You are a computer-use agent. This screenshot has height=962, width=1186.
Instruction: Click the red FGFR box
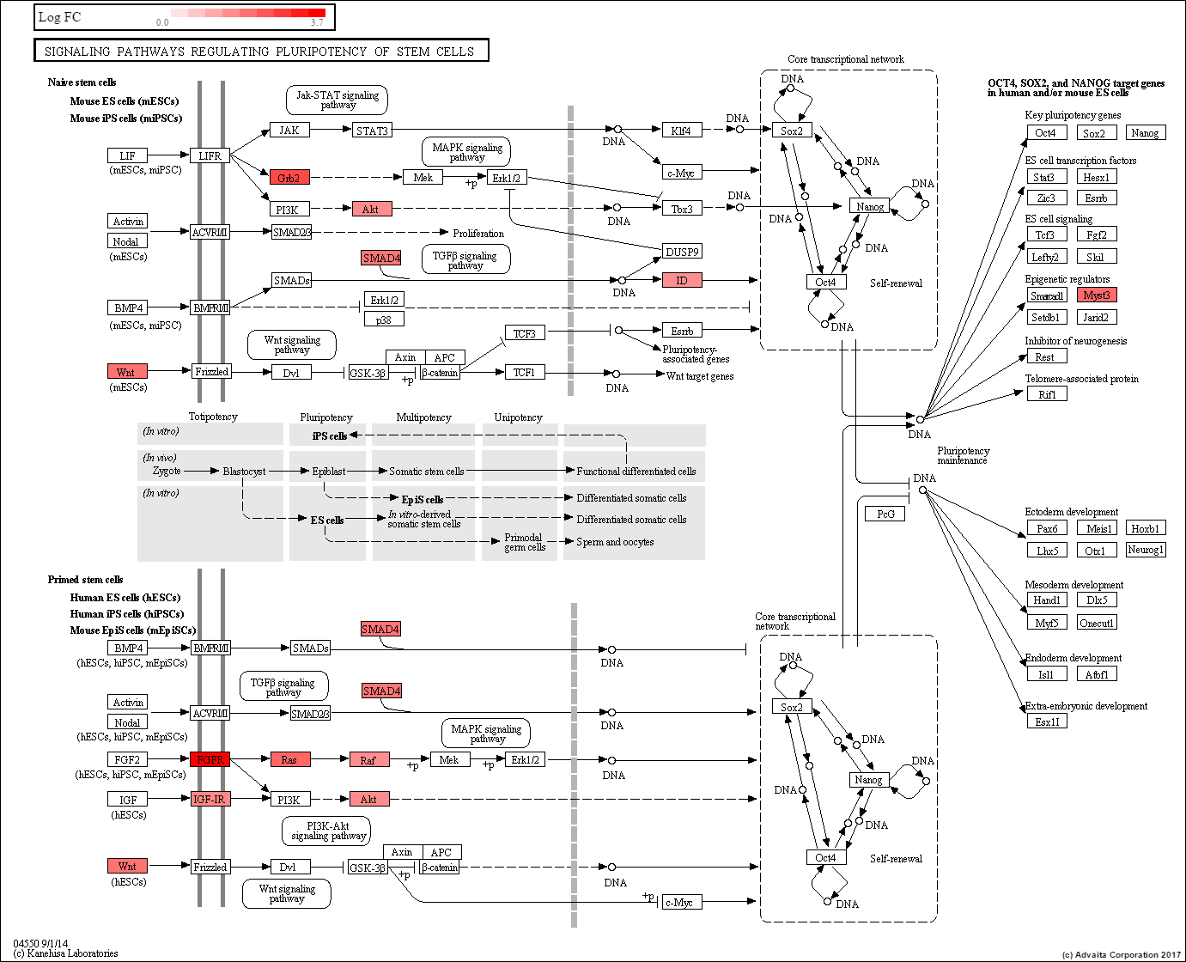210,759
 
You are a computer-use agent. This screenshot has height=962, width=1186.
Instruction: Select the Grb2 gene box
289,178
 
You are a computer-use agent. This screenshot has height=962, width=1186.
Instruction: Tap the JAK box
289,131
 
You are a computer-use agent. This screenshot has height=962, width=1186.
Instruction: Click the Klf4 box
681,131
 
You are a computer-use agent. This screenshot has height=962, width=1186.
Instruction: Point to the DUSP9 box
682,252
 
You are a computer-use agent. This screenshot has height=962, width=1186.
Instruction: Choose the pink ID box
682,280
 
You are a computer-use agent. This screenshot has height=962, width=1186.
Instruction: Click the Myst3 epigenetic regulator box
1096,295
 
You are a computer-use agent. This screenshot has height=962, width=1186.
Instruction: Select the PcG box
885,514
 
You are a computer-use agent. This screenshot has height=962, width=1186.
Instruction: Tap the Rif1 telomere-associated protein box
1047,394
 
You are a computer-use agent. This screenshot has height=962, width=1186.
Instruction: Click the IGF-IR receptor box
210,799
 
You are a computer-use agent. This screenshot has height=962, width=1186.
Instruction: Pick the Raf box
368,760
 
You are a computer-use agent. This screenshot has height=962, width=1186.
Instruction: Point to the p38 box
384,320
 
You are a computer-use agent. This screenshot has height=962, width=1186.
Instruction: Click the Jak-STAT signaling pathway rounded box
337,100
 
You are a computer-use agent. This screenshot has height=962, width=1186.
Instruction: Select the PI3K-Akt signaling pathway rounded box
328,831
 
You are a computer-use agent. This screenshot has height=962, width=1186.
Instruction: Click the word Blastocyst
244,472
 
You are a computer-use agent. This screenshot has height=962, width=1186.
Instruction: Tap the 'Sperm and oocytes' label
615,542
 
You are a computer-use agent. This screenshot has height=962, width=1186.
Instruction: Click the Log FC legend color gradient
247,13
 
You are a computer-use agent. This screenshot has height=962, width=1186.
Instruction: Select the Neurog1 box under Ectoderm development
1145,550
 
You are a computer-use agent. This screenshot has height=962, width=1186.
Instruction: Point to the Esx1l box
1047,721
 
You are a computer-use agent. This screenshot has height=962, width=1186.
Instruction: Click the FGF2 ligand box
127,759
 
